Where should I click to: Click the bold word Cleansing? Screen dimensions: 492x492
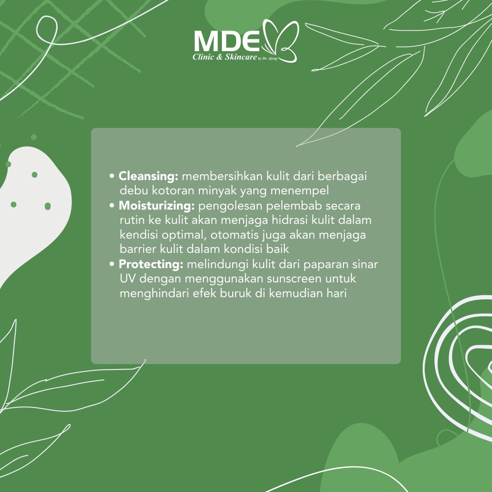[x=148, y=177]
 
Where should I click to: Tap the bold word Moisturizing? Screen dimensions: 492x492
[x=156, y=206]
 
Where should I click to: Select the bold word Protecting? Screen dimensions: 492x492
[x=151, y=265]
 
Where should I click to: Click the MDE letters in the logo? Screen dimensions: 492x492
[x=227, y=41]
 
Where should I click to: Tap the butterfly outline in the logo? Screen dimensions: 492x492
[x=280, y=41]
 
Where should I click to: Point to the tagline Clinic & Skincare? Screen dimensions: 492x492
[x=225, y=57]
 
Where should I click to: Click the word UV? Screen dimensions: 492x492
[x=128, y=278]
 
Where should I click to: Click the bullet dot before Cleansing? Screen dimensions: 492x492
[x=112, y=176]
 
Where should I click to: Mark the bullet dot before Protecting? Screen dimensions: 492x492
[x=112, y=265]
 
